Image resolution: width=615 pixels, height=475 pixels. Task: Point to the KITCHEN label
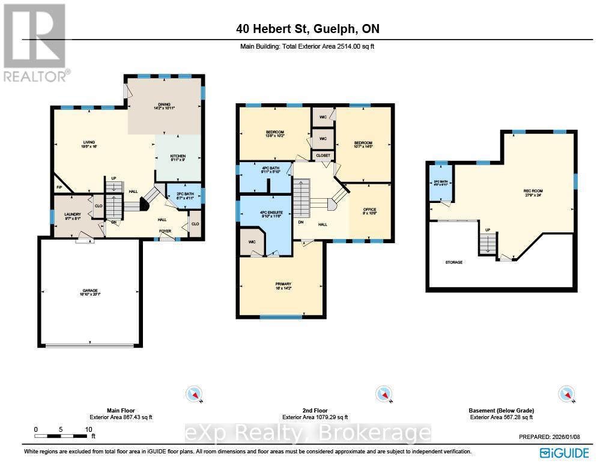pyautogui.click(x=171, y=157)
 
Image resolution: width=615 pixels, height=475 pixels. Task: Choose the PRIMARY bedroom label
pyautogui.click(x=283, y=283)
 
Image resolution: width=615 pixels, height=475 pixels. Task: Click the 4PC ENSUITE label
pyautogui.click(x=270, y=213)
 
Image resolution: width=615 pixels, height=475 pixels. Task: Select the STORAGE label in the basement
pyautogui.click(x=454, y=262)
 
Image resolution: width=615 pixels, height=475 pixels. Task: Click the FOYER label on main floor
pyautogui.click(x=165, y=229)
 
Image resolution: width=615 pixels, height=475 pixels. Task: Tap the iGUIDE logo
pyautogui.click(x=564, y=453)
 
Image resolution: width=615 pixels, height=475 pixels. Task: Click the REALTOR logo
pyautogui.click(x=35, y=42)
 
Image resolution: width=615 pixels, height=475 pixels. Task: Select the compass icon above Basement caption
pyautogui.click(x=566, y=394)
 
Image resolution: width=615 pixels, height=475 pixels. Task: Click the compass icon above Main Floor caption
pyautogui.click(x=196, y=394)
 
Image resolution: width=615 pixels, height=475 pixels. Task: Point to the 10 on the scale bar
pyautogui.click(x=88, y=429)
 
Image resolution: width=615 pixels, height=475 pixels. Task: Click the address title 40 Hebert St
pyautogui.click(x=307, y=29)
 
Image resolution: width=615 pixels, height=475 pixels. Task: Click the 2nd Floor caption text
pyautogui.click(x=315, y=411)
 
